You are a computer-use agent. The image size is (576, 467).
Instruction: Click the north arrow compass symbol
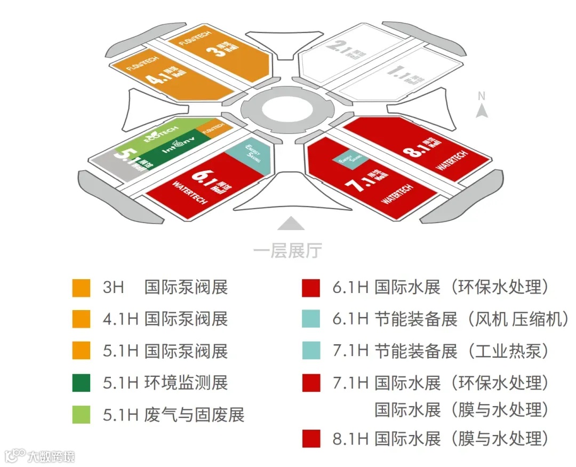(x=482, y=110)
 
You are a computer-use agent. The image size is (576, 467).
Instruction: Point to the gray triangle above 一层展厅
(x=291, y=223)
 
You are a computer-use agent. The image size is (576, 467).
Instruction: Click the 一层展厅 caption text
(x=288, y=249)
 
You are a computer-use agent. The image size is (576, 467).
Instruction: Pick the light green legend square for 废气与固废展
(x=81, y=415)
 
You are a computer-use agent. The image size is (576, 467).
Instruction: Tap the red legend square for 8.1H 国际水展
(x=311, y=439)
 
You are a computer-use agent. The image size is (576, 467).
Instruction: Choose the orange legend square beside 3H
(x=81, y=288)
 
